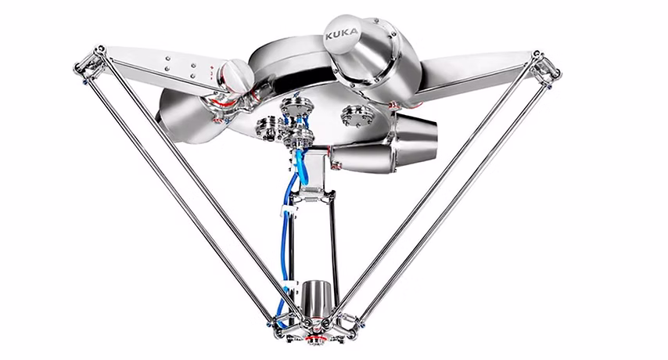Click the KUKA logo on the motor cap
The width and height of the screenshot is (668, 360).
343,34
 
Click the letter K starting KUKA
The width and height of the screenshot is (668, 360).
329,37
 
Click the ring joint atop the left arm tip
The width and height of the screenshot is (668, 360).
99,49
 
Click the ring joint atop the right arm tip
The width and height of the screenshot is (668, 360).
537,55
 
